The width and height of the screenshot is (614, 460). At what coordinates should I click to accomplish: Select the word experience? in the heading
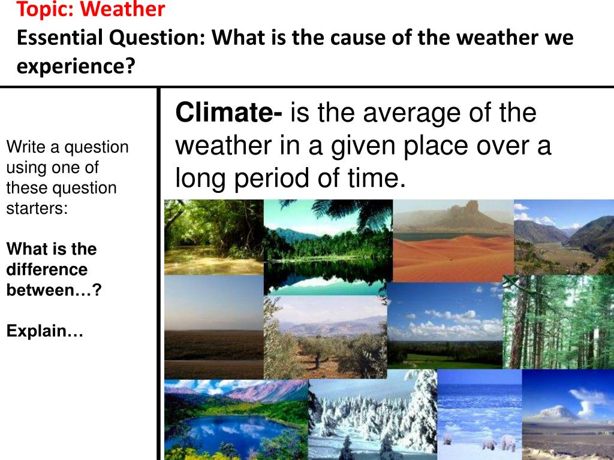[76, 66]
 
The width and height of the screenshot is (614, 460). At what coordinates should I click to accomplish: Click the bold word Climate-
[228, 112]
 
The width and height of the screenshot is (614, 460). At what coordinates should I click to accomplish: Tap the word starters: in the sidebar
[37, 208]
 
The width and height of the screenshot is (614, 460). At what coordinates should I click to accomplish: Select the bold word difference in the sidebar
[47, 270]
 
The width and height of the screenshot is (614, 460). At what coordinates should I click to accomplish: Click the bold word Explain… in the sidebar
[44, 331]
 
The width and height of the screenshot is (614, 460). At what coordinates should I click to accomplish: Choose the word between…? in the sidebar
[53, 290]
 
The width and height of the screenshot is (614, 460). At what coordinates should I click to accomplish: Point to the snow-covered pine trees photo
[373, 415]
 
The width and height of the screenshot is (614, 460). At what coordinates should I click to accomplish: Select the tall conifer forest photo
[558, 322]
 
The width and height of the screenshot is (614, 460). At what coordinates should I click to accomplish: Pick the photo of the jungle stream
[214, 237]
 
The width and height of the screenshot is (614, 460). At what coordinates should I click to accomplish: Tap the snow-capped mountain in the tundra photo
[558, 412]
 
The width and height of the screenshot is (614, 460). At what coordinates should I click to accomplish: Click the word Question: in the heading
[157, 38]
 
